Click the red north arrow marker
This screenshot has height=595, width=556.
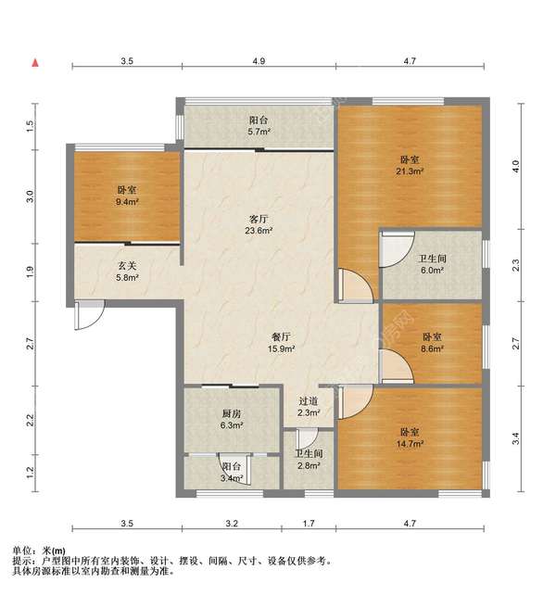35,63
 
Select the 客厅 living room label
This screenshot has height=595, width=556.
259,219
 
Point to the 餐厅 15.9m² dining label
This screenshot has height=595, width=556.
282,343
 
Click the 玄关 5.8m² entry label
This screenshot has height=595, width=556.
127,272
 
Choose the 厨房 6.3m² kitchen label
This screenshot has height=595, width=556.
232,419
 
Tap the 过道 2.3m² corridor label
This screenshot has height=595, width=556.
309,407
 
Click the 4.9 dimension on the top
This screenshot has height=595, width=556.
259,61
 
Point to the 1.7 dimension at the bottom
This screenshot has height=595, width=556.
309,524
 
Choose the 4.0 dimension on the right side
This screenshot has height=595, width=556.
515,166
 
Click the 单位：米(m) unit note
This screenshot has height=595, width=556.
39,551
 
